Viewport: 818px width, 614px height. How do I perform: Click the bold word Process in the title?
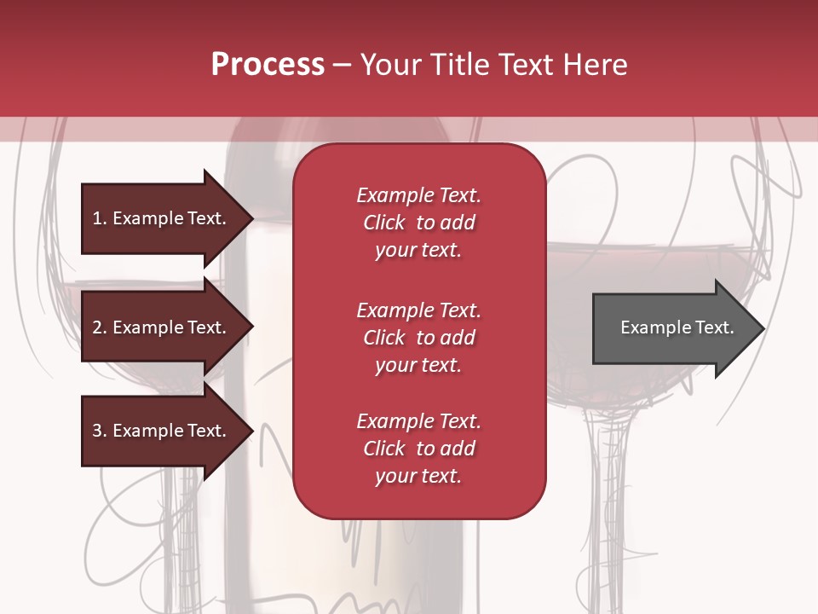pos(268,65)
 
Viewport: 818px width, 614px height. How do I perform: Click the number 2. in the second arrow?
pos(99,327)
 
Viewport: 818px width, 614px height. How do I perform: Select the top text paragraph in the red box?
pos(418,223)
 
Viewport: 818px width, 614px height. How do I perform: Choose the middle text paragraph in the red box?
pos(418,338)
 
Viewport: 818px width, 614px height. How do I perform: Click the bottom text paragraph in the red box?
pos(418,449)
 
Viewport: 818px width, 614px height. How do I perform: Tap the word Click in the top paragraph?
pos(384,223)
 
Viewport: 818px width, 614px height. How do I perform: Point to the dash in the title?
pos(341,65)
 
